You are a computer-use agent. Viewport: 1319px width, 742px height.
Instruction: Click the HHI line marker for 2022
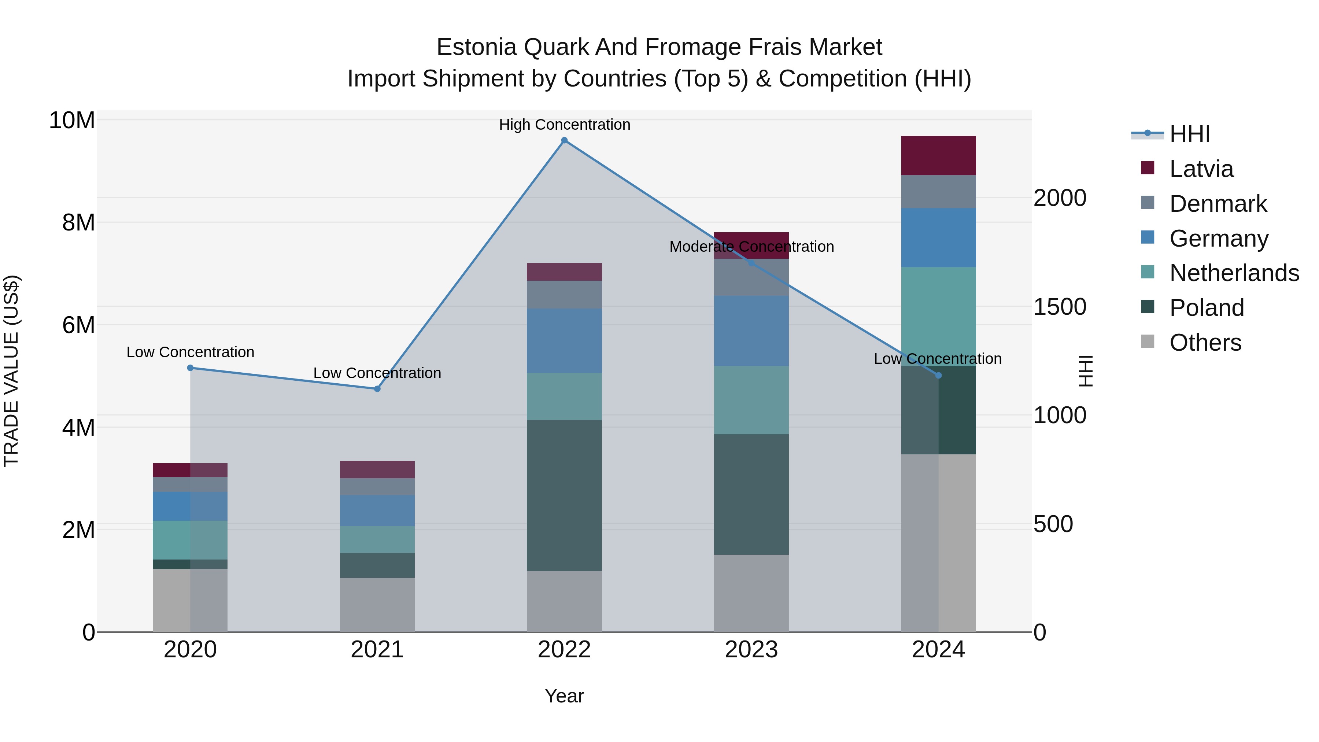click(x=564, y=140)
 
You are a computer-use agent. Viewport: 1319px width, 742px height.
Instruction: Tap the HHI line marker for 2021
click(x=377, y=389)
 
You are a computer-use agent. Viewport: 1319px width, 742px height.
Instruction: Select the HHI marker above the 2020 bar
click(x=191, y=368)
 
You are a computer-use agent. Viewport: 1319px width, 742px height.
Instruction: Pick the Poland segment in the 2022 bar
click(x=564, y=495)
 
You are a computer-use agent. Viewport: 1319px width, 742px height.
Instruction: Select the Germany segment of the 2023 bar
click(x=751, y=331)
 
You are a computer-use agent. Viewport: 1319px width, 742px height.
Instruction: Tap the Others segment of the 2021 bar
click(x=377, y=605)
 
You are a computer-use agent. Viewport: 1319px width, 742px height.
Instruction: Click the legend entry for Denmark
click(x=1218, y=204)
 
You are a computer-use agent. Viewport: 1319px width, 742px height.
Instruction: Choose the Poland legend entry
click(x=1207, y=308)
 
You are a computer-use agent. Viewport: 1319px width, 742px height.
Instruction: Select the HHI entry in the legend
click(x=1189, y=134)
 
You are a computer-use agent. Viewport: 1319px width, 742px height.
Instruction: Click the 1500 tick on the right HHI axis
click(x=1059, y=307)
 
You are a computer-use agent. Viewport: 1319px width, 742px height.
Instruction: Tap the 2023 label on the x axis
click(x=751, y=650)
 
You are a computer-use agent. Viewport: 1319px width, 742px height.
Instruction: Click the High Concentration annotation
click(x=564, y=125)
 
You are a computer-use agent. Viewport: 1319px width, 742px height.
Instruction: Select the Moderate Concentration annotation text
click(x=751, y=247)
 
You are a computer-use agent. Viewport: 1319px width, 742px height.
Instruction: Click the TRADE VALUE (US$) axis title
click(x=11, y=371)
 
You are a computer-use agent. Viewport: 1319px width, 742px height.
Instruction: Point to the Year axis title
click(x=564, y=696)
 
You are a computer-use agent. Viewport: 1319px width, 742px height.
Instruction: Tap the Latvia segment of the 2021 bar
click(x=377, y=470)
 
